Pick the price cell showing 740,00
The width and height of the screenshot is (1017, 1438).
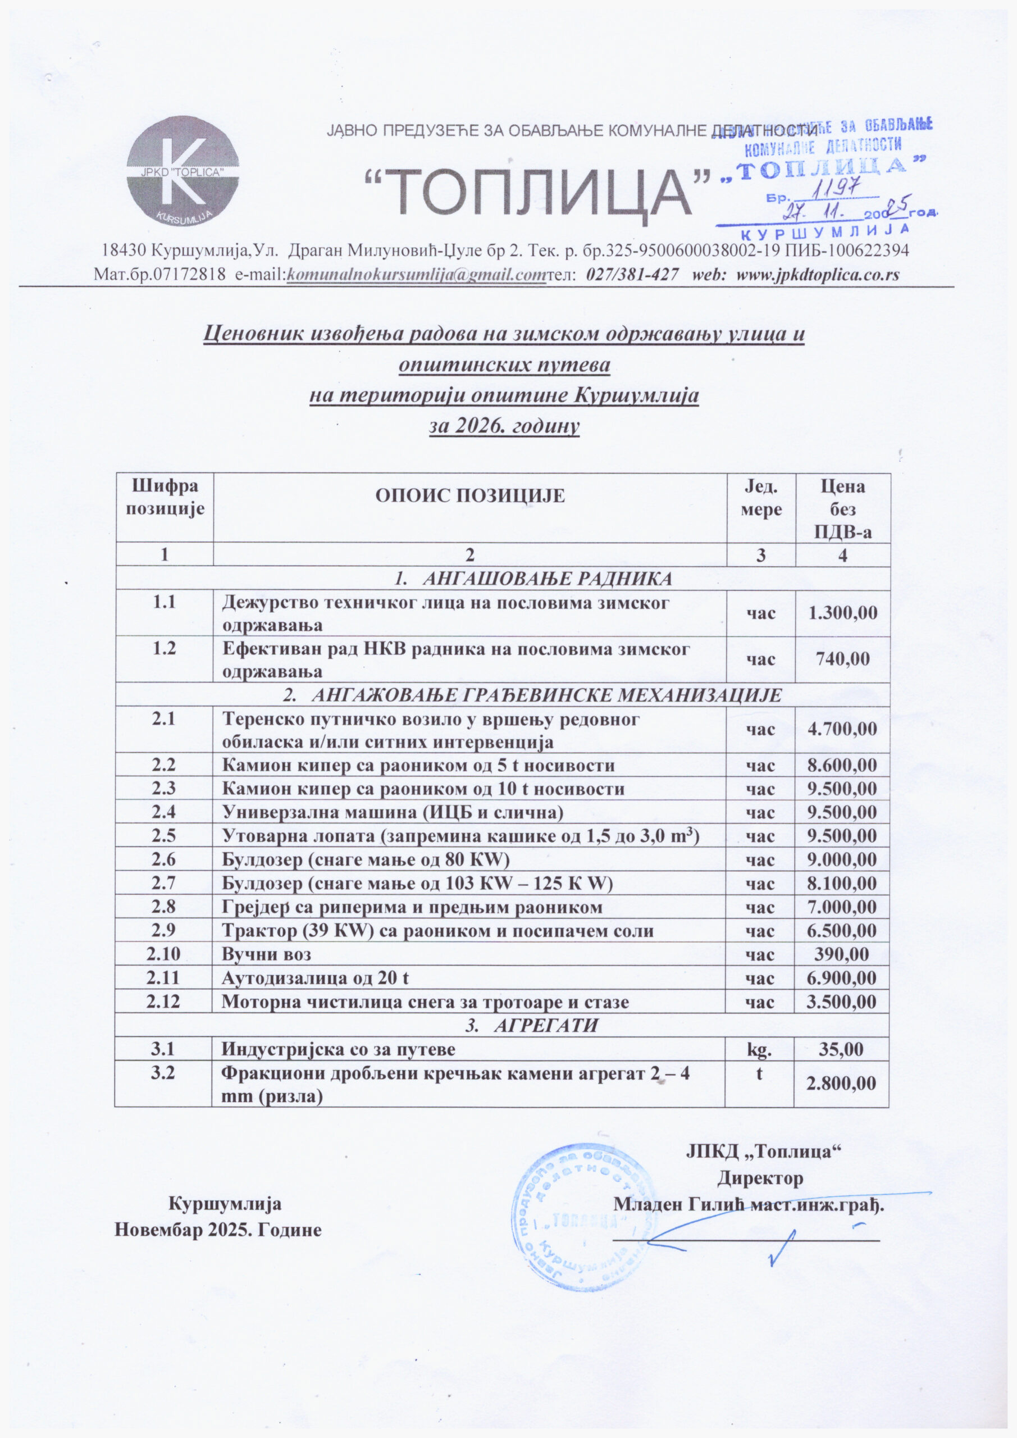tap(842, 659)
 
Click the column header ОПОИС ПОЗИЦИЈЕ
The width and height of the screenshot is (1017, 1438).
tap(469, 496)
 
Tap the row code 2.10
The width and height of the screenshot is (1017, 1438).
tap(163, 954)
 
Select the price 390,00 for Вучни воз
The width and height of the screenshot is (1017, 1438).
tap(842, 954)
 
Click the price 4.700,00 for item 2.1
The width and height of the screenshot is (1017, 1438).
tap(842, 729)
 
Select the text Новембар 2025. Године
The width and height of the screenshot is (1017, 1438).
tap(218, 1230)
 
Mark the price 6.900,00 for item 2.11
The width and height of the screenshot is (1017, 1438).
tap(842, 977)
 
